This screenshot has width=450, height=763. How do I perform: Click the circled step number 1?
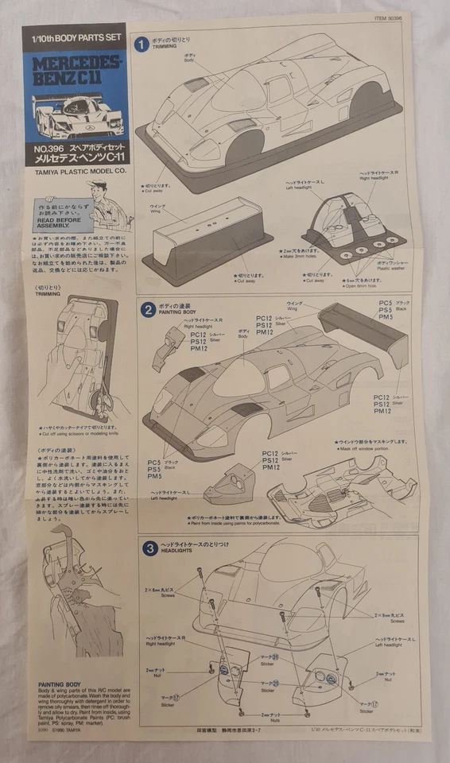pos(142,45)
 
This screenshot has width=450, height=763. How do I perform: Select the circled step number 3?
pos(149,548)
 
